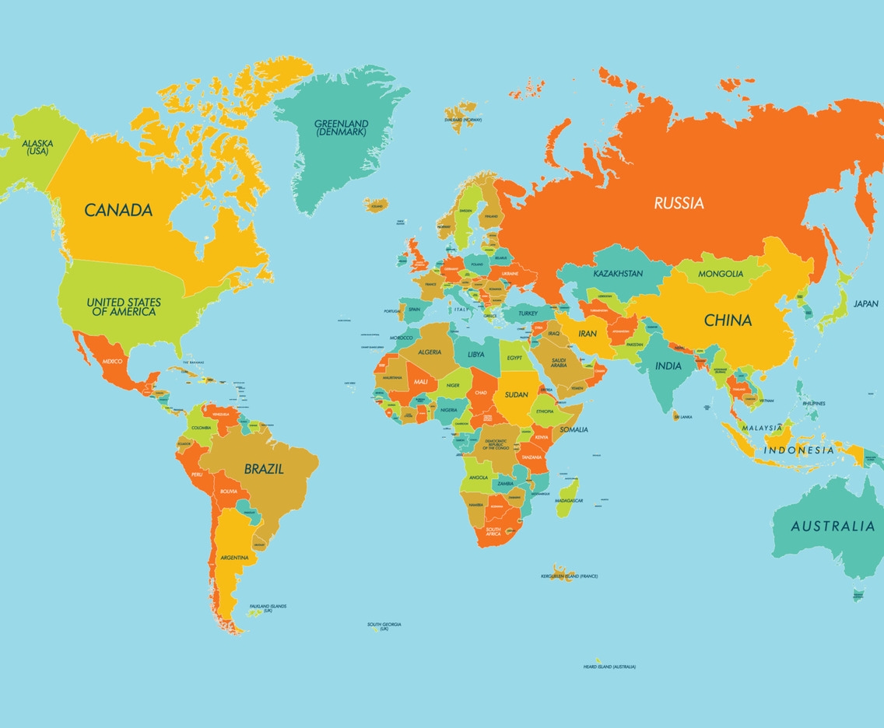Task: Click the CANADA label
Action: [118, 210]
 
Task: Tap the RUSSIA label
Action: [679, 204]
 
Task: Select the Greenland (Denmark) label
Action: [342, 128]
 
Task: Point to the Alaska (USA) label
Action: [36, 147]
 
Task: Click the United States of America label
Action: [124, 307]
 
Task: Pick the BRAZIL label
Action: [264, 470]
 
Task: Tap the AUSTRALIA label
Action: [833, 527]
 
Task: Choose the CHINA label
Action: [728, 320]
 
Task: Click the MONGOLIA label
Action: [721, 274]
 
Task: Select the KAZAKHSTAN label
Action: [618, 274]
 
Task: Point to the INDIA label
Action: [668, 366]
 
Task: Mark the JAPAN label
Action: [865, 304]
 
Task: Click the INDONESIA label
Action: [798, 450]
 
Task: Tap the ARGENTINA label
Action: [234, 558]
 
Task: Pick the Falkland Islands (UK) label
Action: [268, 608]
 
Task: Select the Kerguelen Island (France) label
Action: [569, 576]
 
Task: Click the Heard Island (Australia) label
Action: [609, 667]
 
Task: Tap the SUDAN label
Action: [516, 394]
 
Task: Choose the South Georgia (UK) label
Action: [384, 626]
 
